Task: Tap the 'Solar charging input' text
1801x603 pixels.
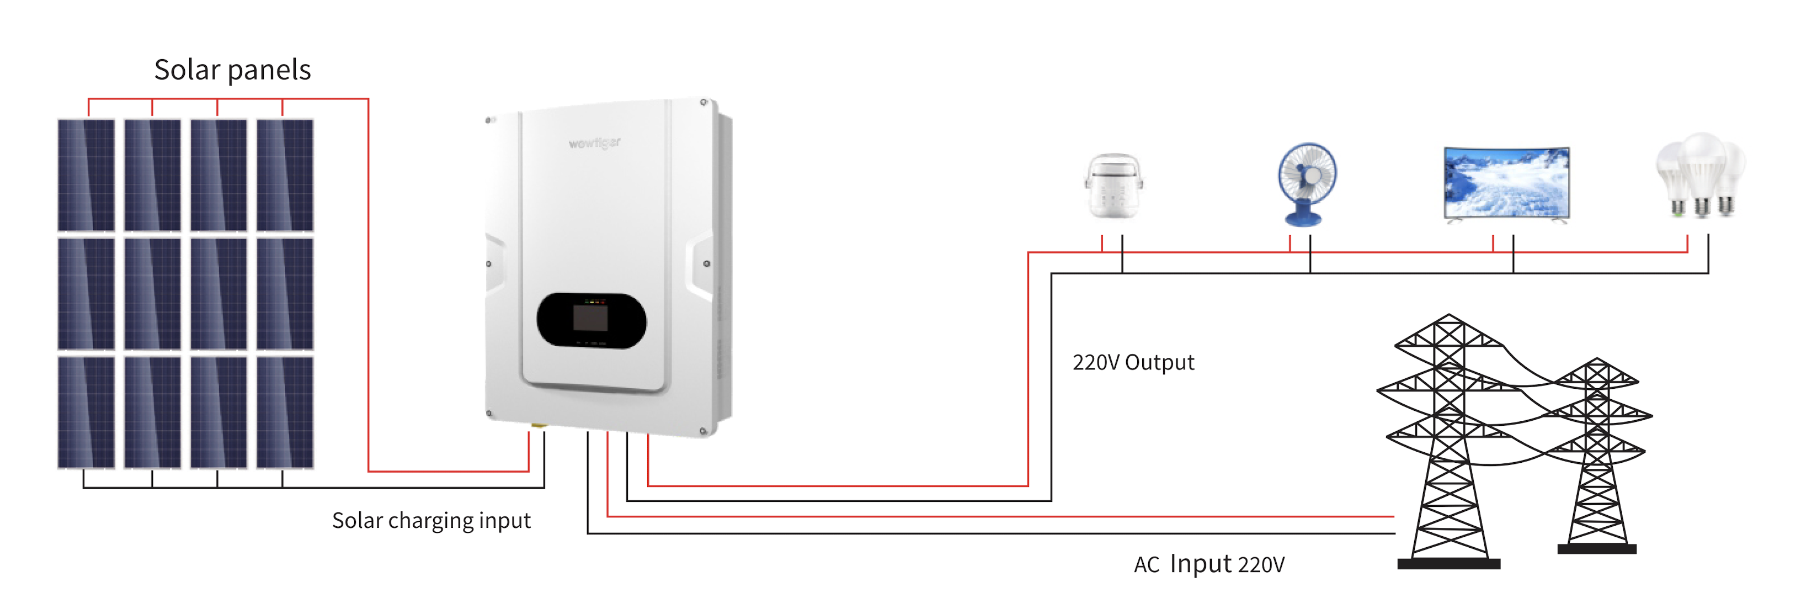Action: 431,521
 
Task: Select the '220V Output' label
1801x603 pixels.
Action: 1133,362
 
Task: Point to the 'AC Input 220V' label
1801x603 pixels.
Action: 1209,564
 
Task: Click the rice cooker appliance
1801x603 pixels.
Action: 1113,186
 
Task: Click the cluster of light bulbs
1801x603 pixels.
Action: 1701,175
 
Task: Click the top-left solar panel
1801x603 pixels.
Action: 86,175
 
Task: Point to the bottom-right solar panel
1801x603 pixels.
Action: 285,412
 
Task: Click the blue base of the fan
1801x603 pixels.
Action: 1304,213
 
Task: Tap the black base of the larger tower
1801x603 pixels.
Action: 1448,564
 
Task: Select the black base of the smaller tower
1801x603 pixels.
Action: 1597,549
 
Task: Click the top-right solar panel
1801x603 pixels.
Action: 285,175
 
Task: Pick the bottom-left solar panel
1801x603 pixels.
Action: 86,412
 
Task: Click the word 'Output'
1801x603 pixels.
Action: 1159,362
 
